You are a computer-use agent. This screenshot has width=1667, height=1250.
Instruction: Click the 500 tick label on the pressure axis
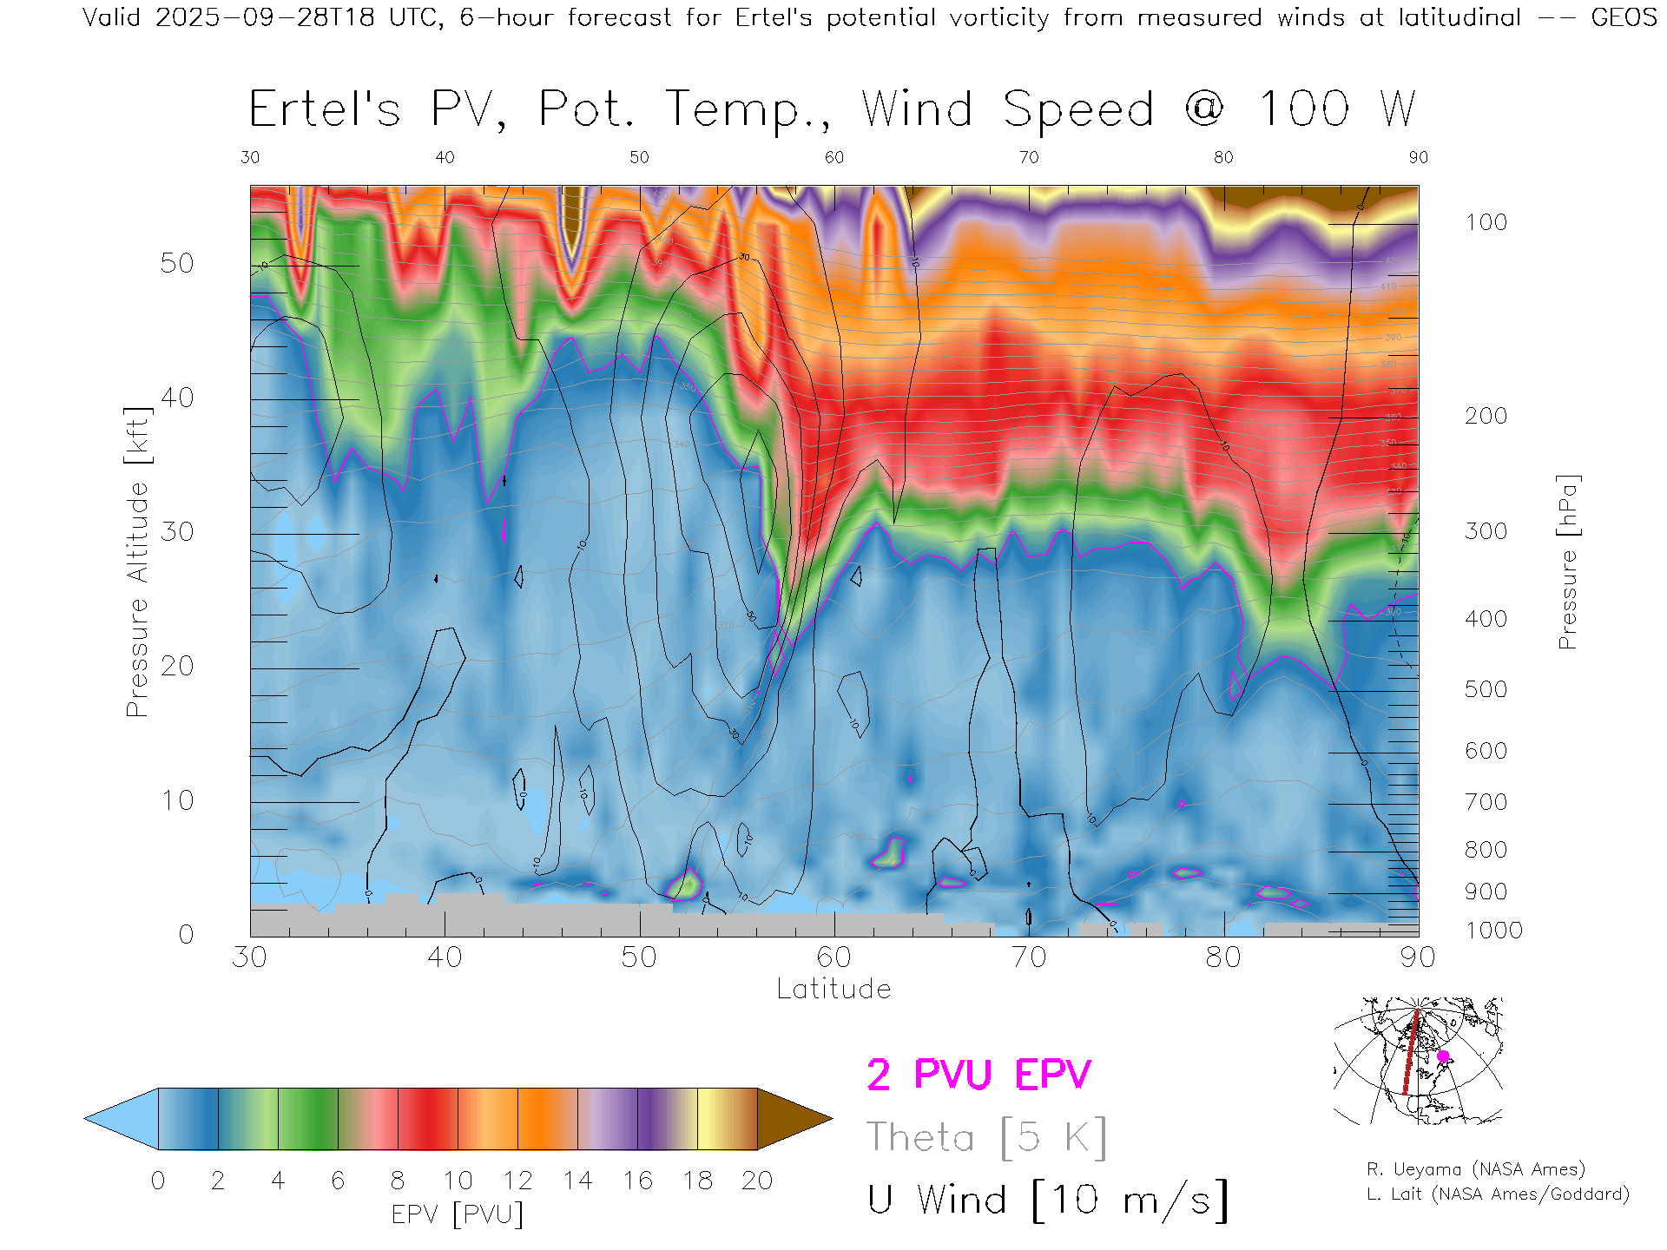(x=1486, y=689)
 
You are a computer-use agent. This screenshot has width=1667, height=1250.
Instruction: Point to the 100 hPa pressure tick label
(x=1486, y=222)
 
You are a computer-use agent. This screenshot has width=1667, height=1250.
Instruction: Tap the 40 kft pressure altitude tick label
(x=176, y=398)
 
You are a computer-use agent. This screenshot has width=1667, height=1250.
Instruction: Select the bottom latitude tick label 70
(x=1028, y=957)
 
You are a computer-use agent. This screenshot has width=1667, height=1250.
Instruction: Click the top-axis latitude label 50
(x=639, y=157)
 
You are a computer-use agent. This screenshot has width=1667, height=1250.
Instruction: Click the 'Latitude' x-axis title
(x=833, y=989)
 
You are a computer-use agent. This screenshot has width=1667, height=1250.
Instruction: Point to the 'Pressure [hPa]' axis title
(x=1567, y=562)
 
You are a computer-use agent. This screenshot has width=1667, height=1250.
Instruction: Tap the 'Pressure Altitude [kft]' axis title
(x=137, y=562)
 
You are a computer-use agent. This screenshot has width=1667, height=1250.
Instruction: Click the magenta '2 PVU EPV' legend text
(x=978, y=1075)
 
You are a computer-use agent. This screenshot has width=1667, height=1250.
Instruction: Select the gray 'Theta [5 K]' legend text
(x=986, y=1137)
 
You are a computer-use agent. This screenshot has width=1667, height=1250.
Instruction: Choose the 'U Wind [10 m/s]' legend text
(x=1047, y=1201)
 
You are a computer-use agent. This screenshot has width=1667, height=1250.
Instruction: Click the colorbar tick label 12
(x=517, y=1181)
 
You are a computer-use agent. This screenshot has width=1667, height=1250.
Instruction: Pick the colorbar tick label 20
(x=757, y=1181)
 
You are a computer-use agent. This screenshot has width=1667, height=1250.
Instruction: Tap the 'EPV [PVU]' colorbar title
(x=458, y=1214)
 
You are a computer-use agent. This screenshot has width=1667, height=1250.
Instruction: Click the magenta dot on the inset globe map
(x=1443, y=1056)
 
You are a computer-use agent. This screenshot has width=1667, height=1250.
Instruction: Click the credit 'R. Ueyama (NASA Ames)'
(x=1476, y=1169)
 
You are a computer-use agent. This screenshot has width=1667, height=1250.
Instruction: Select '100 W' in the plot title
(x=1336, y=109)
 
